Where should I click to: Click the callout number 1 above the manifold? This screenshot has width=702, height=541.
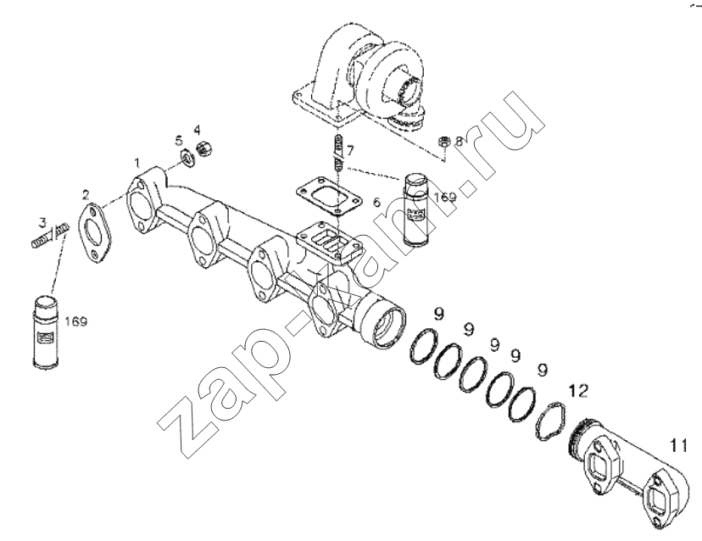coord(138,162)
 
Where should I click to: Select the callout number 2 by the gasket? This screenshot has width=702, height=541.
coord(86,194)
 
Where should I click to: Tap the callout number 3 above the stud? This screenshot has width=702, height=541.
coord(42,221)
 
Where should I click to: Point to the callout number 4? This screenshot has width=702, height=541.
coord(198,131)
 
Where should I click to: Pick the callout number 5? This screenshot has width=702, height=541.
coord(179,142)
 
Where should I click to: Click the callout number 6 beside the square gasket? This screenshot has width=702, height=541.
coord(377,202)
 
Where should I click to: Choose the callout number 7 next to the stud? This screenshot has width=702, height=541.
coord(349,150)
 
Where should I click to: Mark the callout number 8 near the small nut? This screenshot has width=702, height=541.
coord(459,141)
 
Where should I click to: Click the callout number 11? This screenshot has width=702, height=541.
coord(678,446)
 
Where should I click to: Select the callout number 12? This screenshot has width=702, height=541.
coord(578,391)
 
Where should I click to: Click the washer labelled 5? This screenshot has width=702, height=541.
coord(187,159)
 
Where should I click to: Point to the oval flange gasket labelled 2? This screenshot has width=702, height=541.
coord(95,233)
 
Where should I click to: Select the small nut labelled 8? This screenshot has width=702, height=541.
coord(443,142)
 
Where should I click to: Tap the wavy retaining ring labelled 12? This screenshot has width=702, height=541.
coord(551,420)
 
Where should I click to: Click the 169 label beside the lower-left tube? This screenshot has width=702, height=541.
coord(76,321)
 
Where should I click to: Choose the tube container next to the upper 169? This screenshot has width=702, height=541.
coord(418,209)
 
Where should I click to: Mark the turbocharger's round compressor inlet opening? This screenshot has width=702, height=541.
coord(412,92)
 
